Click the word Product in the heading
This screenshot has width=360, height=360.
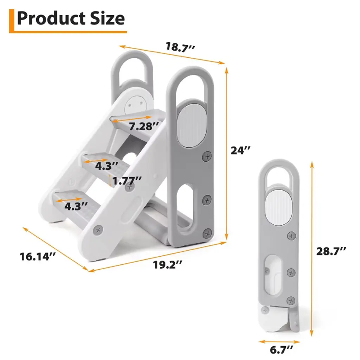(51, 18)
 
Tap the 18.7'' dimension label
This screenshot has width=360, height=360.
(180, 47)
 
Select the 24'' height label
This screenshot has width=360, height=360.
(240, 150)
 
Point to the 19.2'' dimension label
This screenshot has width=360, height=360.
(167, 265)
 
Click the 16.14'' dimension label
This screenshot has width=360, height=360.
(37, 256)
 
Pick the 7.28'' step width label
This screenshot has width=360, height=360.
(144, 126)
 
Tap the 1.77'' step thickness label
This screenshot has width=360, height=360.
(127, 181)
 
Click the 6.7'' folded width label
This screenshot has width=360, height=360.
(281, 350)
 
